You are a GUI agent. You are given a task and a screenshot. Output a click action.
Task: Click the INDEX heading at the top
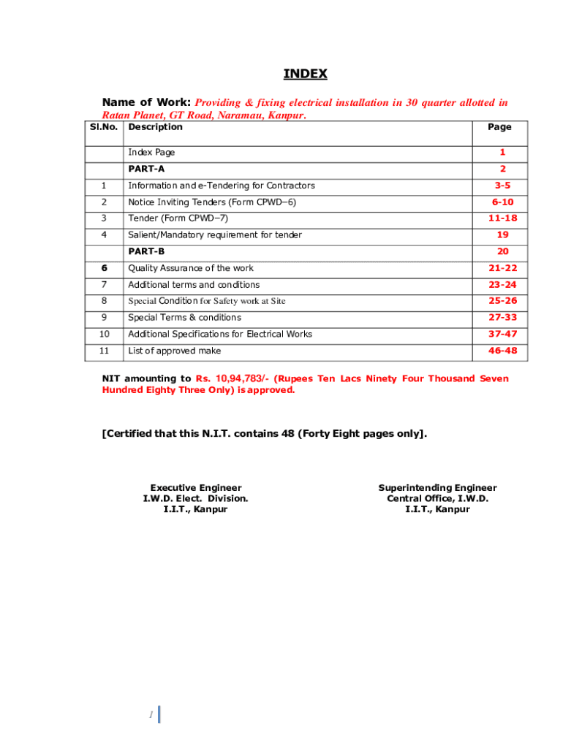305,74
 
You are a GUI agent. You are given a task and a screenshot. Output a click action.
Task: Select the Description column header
155,127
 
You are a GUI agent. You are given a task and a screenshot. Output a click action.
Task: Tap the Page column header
499,127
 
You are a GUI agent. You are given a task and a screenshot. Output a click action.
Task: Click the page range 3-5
502,186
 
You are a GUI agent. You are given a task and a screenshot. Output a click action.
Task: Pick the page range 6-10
502,202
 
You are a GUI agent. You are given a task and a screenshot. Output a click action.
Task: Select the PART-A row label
146,169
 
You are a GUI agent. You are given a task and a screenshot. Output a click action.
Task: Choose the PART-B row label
146,251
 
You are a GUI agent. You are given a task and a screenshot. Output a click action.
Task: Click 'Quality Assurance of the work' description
191,268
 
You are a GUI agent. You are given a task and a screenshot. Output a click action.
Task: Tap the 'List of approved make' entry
174,351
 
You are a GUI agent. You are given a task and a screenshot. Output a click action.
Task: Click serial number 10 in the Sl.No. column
104,334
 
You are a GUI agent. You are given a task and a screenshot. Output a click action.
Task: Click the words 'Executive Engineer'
195,488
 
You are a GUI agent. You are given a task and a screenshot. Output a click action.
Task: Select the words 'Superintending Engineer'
437,488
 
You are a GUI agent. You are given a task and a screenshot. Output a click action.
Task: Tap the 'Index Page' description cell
151,153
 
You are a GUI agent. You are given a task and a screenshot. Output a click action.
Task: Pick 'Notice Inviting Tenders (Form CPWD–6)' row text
212,202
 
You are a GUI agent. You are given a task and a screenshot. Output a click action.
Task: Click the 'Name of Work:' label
146,103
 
